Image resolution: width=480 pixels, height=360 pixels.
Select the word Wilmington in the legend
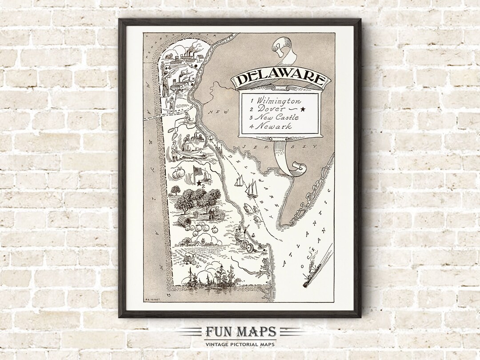(x=279, y=101)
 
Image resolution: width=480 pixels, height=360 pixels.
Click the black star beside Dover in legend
(x=303, y=109)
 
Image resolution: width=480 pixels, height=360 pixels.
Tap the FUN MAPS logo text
(x=240, y=332)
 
